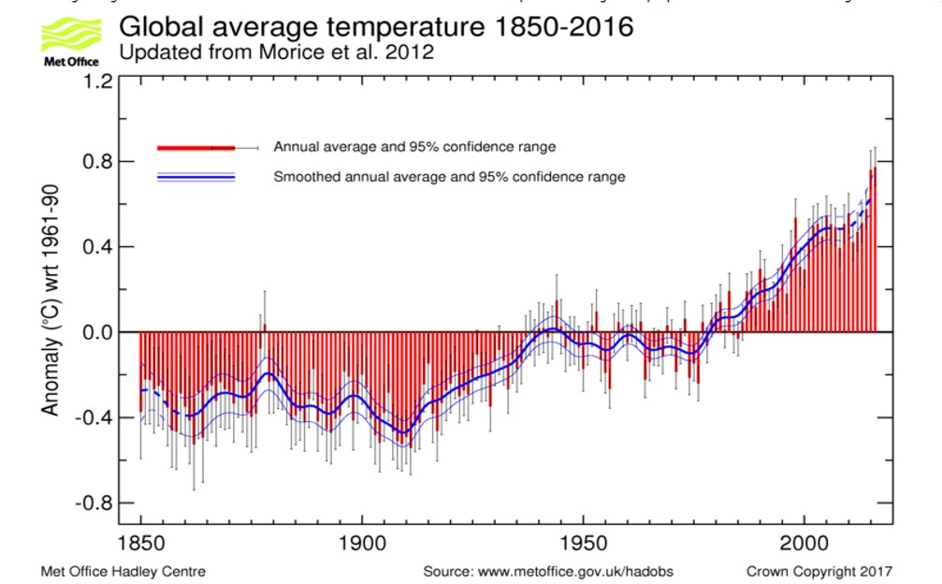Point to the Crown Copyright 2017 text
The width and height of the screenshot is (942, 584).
pos(819,571)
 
